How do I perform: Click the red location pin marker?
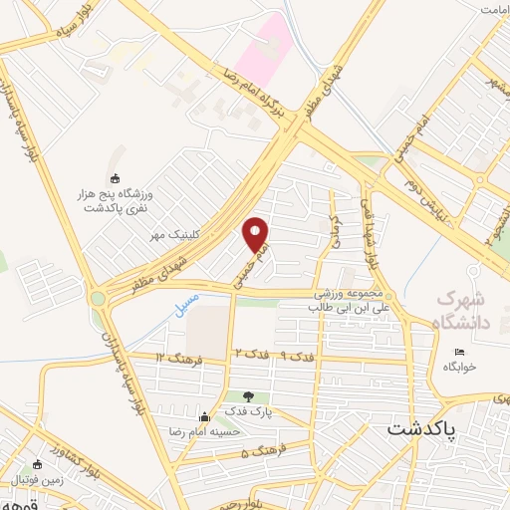point(256,233)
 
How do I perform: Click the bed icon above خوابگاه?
point(459,352)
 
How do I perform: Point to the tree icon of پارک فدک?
point(262,396)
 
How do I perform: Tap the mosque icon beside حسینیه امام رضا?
point(204,416)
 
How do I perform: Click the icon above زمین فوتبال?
point(38,464)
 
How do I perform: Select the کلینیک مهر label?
point(175,235)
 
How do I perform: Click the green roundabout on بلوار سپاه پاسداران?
point(98,297)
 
